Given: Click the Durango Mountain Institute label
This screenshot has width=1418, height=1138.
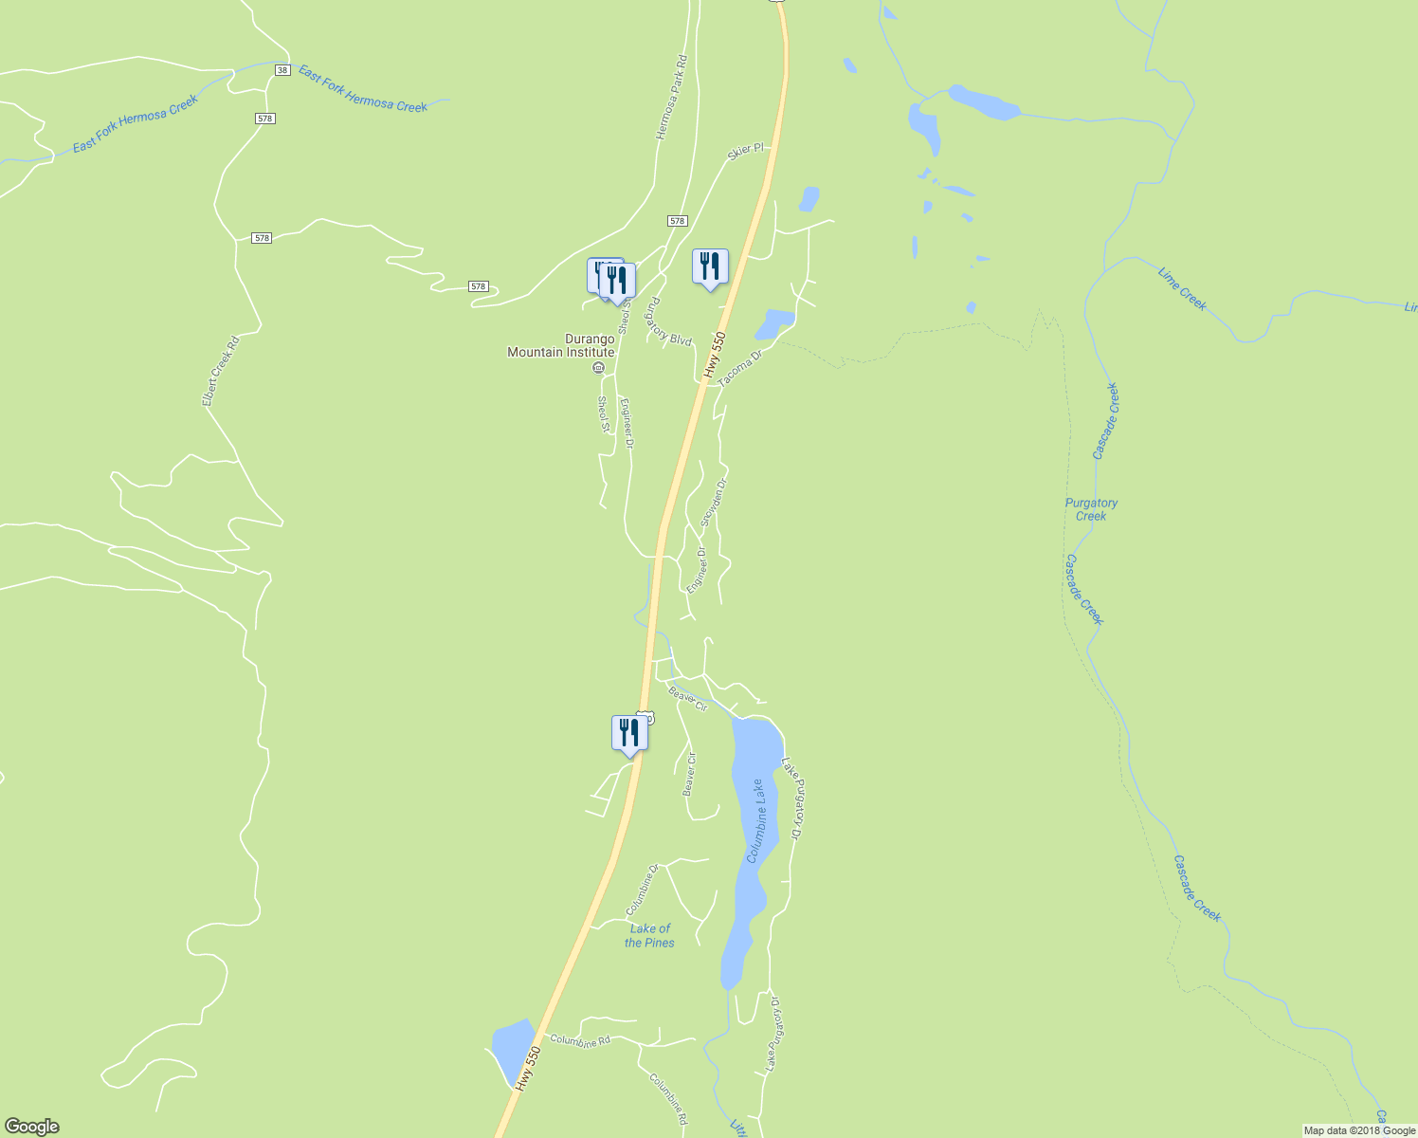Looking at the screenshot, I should (561, 345).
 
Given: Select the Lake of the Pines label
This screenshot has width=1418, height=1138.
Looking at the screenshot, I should (649, 936).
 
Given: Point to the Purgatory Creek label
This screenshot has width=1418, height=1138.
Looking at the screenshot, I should (1091, 509).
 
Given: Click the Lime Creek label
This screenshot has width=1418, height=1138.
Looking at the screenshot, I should (1182, 288).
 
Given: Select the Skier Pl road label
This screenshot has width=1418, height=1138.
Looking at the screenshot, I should (745, 151).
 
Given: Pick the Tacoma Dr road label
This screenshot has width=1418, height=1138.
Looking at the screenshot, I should (740, 369).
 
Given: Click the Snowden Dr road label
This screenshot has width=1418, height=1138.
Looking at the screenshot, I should (713, 503).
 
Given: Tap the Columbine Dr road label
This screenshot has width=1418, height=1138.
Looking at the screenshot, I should (642, 890).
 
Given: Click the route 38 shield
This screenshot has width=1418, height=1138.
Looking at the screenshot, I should (282, 70).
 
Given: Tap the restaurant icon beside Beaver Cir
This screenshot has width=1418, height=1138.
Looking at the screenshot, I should (629, 734).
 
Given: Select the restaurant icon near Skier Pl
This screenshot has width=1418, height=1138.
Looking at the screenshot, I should (710, 267).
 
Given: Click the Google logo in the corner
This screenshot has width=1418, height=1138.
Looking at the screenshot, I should (31, 1127).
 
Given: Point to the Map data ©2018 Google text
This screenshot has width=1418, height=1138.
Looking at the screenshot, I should (1358, 1130).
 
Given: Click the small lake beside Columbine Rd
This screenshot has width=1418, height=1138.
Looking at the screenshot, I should (511, 1048).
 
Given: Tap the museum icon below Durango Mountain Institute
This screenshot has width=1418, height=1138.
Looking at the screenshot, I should (598, 368).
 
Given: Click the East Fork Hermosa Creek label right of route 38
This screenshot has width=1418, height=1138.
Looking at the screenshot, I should (363, 88).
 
